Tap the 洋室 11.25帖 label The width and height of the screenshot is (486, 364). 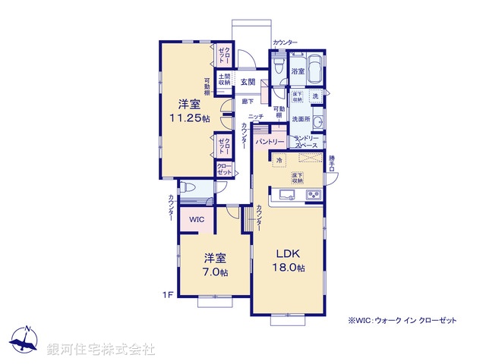(189, 111)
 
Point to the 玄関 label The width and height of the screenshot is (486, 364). (248, 81)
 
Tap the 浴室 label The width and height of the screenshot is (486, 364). (298, 71)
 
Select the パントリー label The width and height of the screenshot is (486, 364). (270, 142)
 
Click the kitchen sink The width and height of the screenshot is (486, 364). (288, 197)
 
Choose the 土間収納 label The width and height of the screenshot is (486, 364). (226, 79)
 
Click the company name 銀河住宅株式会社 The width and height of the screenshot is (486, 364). (100, 350)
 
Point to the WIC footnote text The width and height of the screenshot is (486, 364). (402, 321)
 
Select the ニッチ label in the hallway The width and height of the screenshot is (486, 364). (255, 117)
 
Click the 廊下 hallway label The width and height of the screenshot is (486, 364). (248, 100)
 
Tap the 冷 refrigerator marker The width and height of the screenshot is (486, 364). (279, 161)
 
